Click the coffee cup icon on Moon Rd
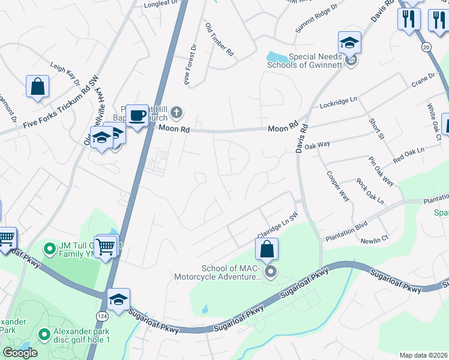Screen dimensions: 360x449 click(x=137, y=114)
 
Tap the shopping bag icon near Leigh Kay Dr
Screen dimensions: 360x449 click(x=37, y=86)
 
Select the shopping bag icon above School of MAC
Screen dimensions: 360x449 click(x=267, y=248)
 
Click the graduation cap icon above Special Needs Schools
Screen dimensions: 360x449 click(x=349, y=42)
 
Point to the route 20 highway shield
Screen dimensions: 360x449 click(x=427, y=47)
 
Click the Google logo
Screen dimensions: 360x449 click(x=20, y=353)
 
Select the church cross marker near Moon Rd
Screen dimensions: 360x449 click(x=176, y=112)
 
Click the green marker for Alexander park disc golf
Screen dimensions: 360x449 click(x=43, y=334)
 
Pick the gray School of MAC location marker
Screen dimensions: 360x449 click(x=271, y=272)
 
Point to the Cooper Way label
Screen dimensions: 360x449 click(x=338, y=186)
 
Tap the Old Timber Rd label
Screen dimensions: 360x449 click(x=219, y=40)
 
